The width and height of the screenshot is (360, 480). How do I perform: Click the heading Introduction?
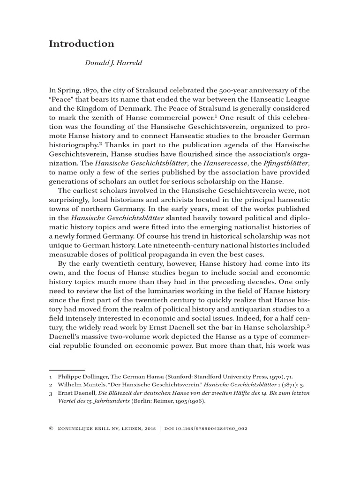pos(82,44)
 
